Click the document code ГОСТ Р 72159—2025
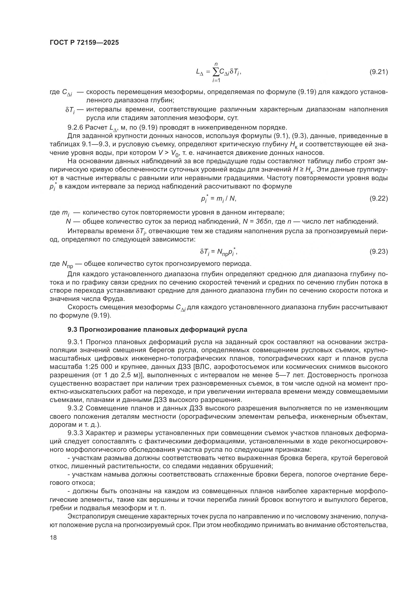[x=84, y=43]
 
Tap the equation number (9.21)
[x=378, y=72]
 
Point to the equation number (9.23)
[x=378, y=251]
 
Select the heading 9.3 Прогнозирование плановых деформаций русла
[x=157, y=329]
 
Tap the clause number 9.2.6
[x=75, y=127]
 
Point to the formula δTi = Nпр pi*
[x=219, y=252]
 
